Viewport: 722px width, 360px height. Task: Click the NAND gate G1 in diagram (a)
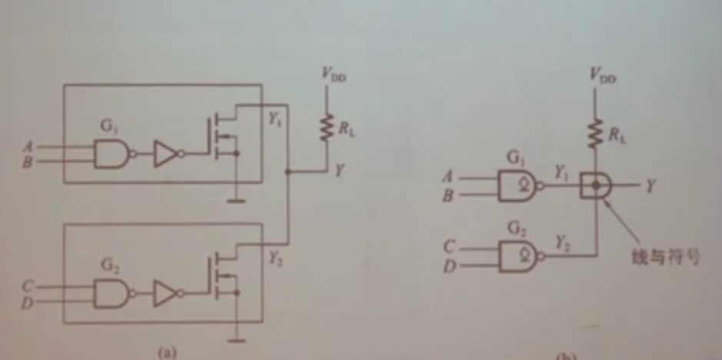click(x=111, y=155)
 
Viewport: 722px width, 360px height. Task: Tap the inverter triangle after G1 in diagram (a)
click(x=165, y=155)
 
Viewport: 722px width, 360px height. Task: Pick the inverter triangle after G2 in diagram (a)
click(x=165, y=293)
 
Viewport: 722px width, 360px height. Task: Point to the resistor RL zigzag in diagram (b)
click(x=594, y=135)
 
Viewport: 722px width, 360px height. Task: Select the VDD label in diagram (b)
click(x=603, y=75)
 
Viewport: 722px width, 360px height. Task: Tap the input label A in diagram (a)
click(x=28, y=145)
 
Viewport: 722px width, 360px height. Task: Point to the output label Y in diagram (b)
click(x=651, y=185)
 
